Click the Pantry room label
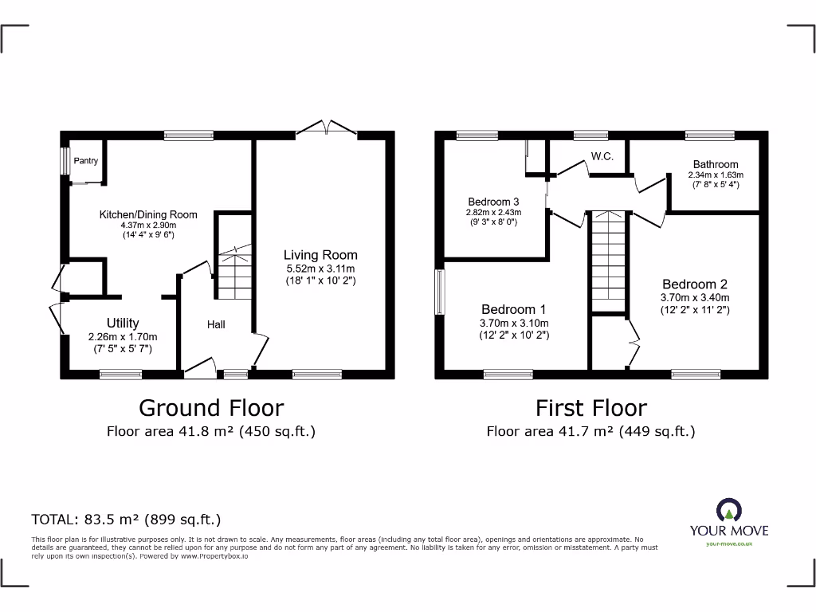(x=86, y=161)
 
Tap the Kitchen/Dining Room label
(x=147, y=214)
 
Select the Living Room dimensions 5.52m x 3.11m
(x=321, y=269)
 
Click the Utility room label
(x=123, y=323)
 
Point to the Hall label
(x=216, y=324)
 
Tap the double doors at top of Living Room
(x=326, y=129)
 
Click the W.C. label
(x=602, y=156)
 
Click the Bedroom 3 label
(x=493, y=202)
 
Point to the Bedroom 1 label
(x=514, y=309)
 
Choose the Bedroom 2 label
(x=695, y=284)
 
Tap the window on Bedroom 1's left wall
(x=439, y=292)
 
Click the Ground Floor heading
(x=211, y=408)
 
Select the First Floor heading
(x=590, y=408)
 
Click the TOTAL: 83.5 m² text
(x=126, y=520)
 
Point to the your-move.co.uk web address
(x=729, y=543)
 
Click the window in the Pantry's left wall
(x=64, y=160)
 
